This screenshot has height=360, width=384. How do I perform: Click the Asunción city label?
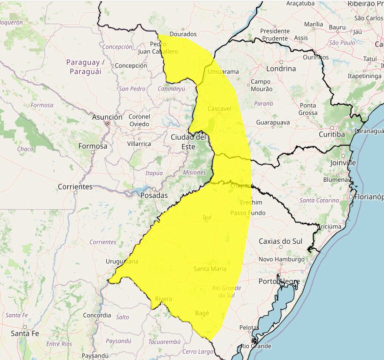[107, 116]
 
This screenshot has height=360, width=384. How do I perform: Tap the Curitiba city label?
[332, 134]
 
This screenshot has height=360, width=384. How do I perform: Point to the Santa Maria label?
[210, 269]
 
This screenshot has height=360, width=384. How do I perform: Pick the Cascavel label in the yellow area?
[219, 108]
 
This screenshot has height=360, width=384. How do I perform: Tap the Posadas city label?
[153, 195]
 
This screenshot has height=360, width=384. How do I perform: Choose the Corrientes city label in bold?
[75, 186]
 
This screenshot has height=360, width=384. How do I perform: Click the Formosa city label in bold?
[92, 146]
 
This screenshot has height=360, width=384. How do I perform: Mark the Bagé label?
[201, 313]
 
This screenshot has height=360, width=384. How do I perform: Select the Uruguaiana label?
[122, 261]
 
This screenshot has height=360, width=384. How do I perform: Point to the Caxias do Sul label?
[280, 241]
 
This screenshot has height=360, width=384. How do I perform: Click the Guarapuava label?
[273, 122]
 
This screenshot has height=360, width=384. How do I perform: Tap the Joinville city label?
[343, 162]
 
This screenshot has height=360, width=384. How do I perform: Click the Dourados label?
[183, 34]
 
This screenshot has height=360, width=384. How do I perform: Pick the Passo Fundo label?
[247, 213]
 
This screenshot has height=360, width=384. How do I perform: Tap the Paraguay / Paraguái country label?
[85, 66]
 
